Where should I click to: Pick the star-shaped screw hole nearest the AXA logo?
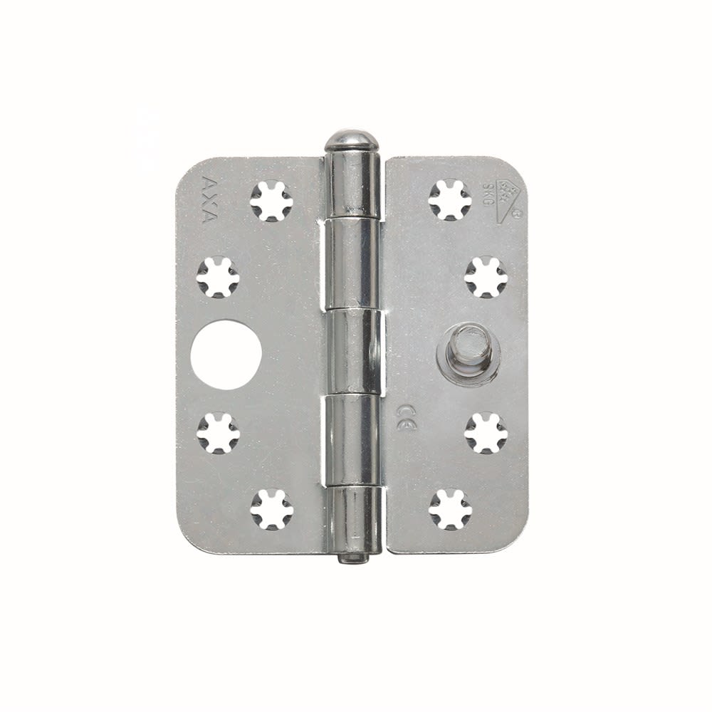(x=271, y=199)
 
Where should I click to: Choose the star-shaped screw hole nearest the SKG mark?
(x=450, y=199)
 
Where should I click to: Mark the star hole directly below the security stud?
(x=486, y=431)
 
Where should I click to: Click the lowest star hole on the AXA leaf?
(x=271, y=508)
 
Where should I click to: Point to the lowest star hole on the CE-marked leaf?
(x=450, y=508)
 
